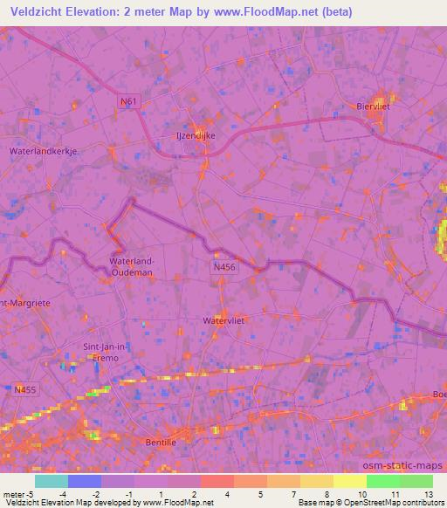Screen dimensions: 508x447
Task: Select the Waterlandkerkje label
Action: pos(44,151)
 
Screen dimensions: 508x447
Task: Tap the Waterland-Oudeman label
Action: pos(131,265)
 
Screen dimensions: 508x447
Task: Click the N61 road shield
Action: pos(127,102)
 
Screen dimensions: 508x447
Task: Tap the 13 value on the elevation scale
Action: pos(430,494)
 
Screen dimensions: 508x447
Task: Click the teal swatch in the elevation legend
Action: pos(52,481)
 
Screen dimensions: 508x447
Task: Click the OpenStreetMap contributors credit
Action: pos(381,504)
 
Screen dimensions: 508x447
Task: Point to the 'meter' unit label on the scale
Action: pos(15,494)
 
